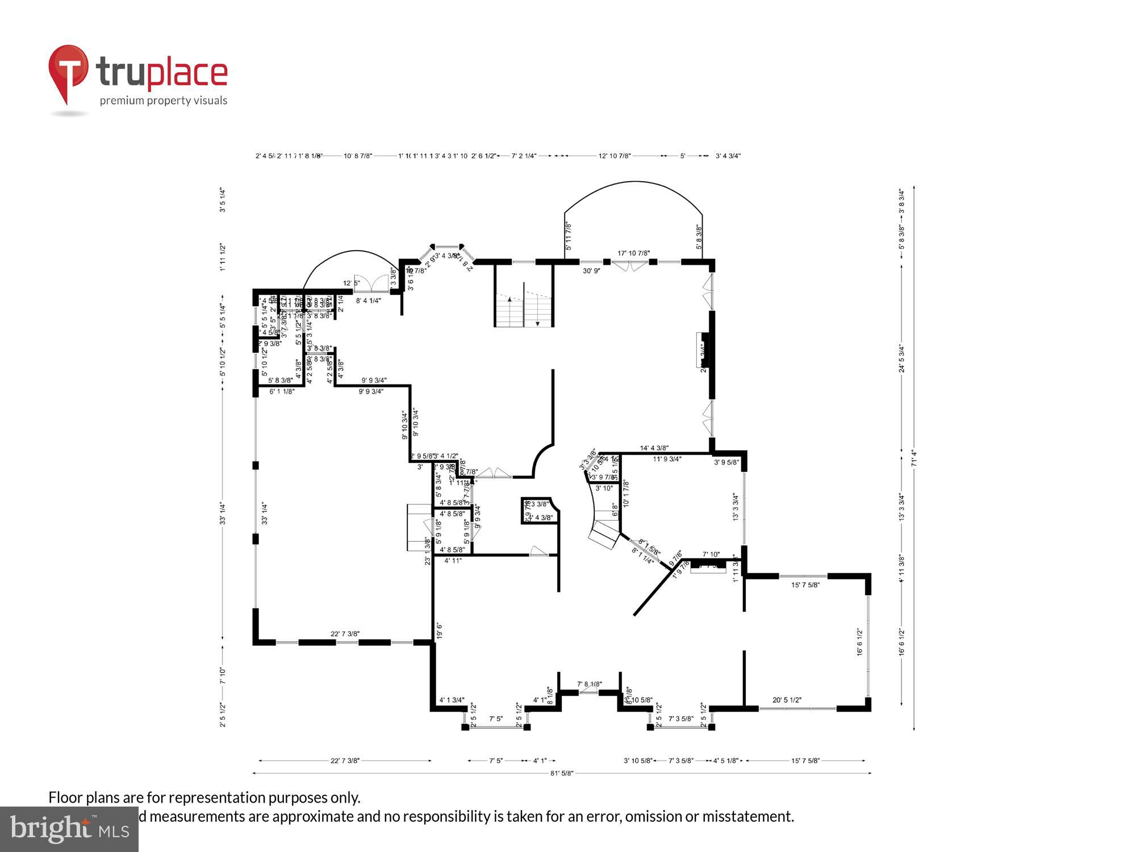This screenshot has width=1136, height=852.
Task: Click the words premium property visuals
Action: [x=164, y=101]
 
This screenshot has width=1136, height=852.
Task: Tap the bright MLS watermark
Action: [x=69, y=829]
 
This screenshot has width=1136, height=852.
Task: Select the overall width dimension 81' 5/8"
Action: [x=562, y=773]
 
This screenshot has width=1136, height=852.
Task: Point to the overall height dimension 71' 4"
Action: [x=913, y=458]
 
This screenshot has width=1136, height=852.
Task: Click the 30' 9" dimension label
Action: [x=591, y=271]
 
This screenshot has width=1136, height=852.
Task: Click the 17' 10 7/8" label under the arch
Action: [x=633, y=253]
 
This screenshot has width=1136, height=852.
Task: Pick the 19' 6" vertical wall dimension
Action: [x=439, y=631]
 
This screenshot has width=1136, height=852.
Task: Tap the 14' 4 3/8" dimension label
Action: [x=654, y=448]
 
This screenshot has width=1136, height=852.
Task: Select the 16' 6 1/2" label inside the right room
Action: [x=859, y=642]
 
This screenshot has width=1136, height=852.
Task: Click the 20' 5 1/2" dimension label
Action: [x=787, y=700]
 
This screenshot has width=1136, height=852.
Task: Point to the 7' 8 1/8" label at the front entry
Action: [x=589, y=684]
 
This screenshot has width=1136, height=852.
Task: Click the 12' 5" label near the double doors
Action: [x=351, y=283]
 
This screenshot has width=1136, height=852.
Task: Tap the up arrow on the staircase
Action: [x=509, y=299]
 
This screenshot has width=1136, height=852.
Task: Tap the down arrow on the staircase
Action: [x=537, y=323]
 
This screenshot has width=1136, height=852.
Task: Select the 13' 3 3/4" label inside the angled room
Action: [x=736, y=507]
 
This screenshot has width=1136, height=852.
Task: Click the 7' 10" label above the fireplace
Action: [x=711, y=554]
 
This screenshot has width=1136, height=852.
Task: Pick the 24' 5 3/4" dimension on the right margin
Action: [x=901, y=358]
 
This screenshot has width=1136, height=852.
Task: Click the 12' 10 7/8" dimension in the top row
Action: [x=615, y=156]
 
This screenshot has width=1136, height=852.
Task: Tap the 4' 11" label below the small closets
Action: [x=453, y=561]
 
